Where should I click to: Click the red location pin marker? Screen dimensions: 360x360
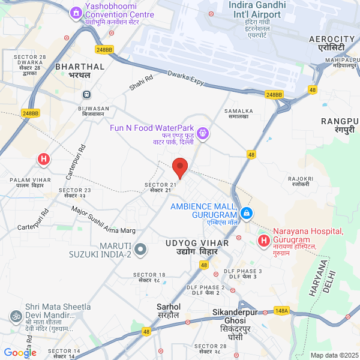[x=180, y=167]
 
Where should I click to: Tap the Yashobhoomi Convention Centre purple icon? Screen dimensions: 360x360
[x=76, y=13]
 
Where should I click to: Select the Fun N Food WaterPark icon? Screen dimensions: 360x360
[x=203, y=133]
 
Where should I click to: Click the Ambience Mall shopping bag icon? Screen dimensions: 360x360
[x=246, y=212]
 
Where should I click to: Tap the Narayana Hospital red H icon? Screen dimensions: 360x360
[x=263, y=241]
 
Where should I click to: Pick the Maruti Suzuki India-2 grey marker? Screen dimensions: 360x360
[x=140, y=248]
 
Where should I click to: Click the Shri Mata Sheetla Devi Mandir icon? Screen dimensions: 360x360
[x=14, y=316]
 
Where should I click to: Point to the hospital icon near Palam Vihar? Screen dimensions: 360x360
[x=43, y=159]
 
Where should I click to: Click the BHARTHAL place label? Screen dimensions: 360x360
[x=80, y=67]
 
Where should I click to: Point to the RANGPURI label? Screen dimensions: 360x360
[x=340, y=121]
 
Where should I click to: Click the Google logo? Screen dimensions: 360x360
[x=19, y=353]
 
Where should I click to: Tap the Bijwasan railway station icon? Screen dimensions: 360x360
[x=87, y=94]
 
